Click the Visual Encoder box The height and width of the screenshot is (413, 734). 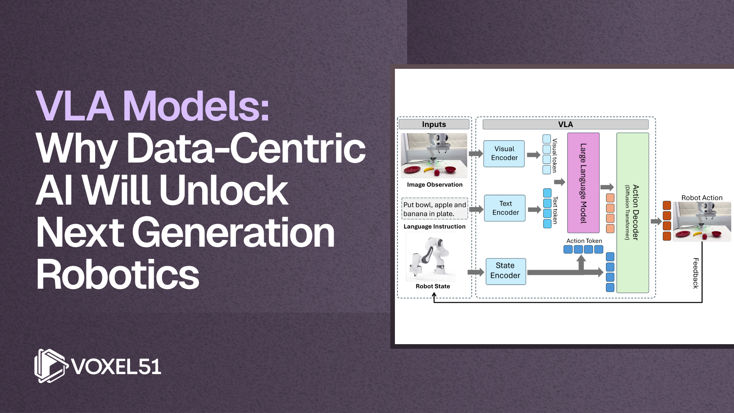point(504,153)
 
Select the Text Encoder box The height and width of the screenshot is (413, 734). point(505,208)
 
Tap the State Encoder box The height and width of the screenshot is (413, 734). point(505,271)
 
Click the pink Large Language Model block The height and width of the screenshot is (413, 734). point(583,183)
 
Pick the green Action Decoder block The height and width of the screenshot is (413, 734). point(633,213)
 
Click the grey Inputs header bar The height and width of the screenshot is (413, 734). point(434,124)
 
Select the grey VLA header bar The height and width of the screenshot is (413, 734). point(565,124)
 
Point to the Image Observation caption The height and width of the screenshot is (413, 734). point(435,185)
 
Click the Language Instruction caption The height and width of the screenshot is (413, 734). point(435,226)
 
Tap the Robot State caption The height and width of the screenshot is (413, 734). point(433,286)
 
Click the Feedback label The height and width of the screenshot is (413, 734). point(696,273)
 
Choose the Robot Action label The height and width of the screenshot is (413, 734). point(702,198)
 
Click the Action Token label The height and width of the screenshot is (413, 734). point(584,241)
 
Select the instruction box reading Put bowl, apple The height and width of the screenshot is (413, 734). point(435,209)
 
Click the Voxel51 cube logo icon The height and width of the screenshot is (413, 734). point(51,366)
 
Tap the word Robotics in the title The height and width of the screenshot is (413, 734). point(118,275)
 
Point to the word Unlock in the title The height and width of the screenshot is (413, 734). point(224,190)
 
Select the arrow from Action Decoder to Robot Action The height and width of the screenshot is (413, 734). point(656,221)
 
